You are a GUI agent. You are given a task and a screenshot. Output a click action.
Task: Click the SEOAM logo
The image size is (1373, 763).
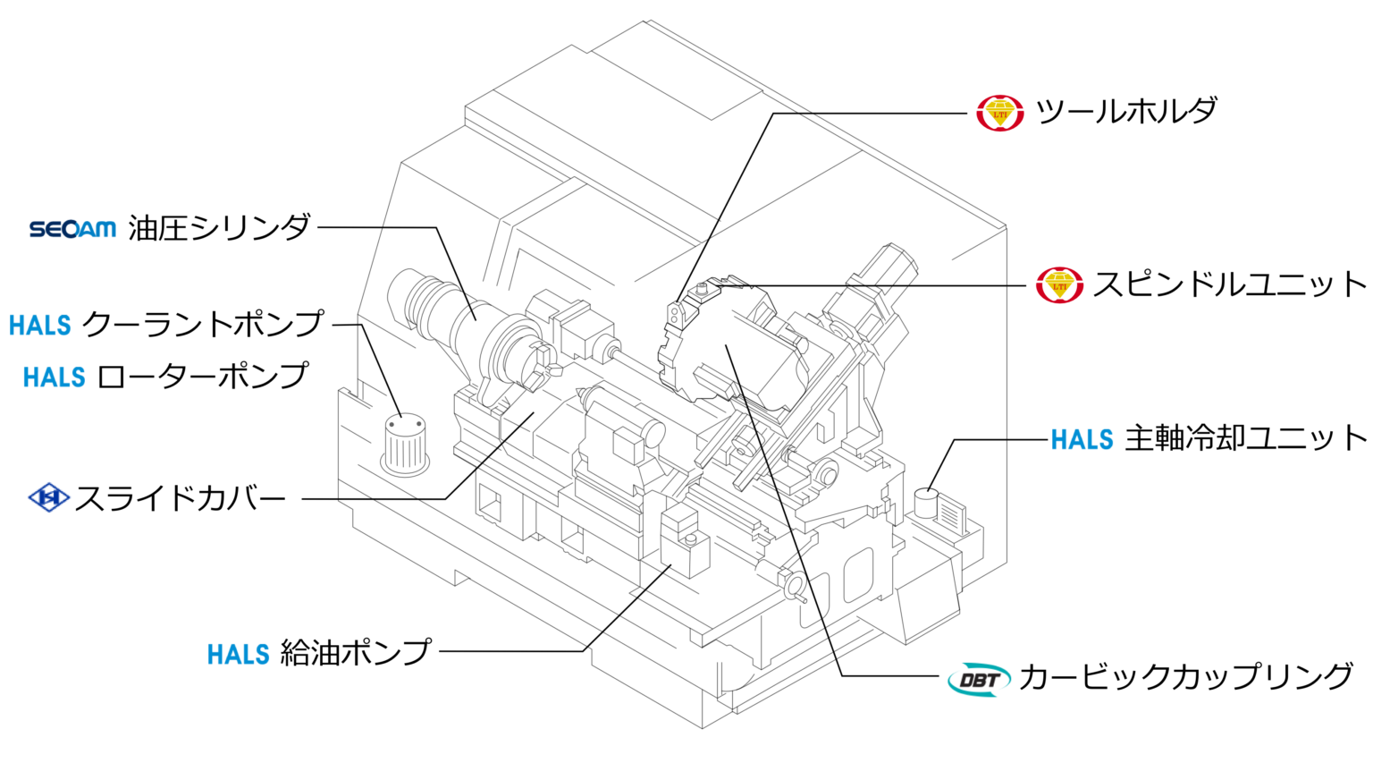pos(72,228)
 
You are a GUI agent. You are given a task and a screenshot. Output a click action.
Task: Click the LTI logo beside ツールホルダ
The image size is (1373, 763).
pos(1000,113)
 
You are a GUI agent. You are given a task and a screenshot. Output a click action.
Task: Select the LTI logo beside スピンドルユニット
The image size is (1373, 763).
pos(1060,285)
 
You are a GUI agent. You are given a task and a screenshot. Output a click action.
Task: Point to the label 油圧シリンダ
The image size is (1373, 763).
pos(219,228)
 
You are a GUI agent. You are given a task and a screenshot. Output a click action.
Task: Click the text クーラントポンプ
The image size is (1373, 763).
pos(203,323)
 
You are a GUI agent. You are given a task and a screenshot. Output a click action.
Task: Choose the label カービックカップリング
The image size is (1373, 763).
pos(1186,677)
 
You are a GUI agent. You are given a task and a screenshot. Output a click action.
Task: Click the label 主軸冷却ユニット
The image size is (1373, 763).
pos(1245,438)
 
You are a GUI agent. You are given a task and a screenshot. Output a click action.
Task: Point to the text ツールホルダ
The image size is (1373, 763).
pos(1126,111)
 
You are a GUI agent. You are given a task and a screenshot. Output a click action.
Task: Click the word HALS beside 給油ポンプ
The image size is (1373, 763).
pos(239,655)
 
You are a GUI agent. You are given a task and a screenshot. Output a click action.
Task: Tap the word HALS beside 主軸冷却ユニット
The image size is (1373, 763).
pos(1082,440)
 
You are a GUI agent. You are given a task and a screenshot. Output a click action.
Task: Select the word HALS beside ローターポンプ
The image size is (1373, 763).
pos(54,377)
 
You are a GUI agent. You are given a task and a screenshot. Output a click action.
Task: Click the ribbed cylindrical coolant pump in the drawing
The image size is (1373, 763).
pos(405,445)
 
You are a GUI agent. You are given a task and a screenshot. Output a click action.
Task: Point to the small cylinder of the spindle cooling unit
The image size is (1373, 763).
pos(926,503)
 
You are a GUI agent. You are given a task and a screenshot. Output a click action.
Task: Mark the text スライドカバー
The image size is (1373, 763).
pos(181,498)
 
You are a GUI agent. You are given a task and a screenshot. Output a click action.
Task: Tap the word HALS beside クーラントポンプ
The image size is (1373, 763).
pos(40,325)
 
